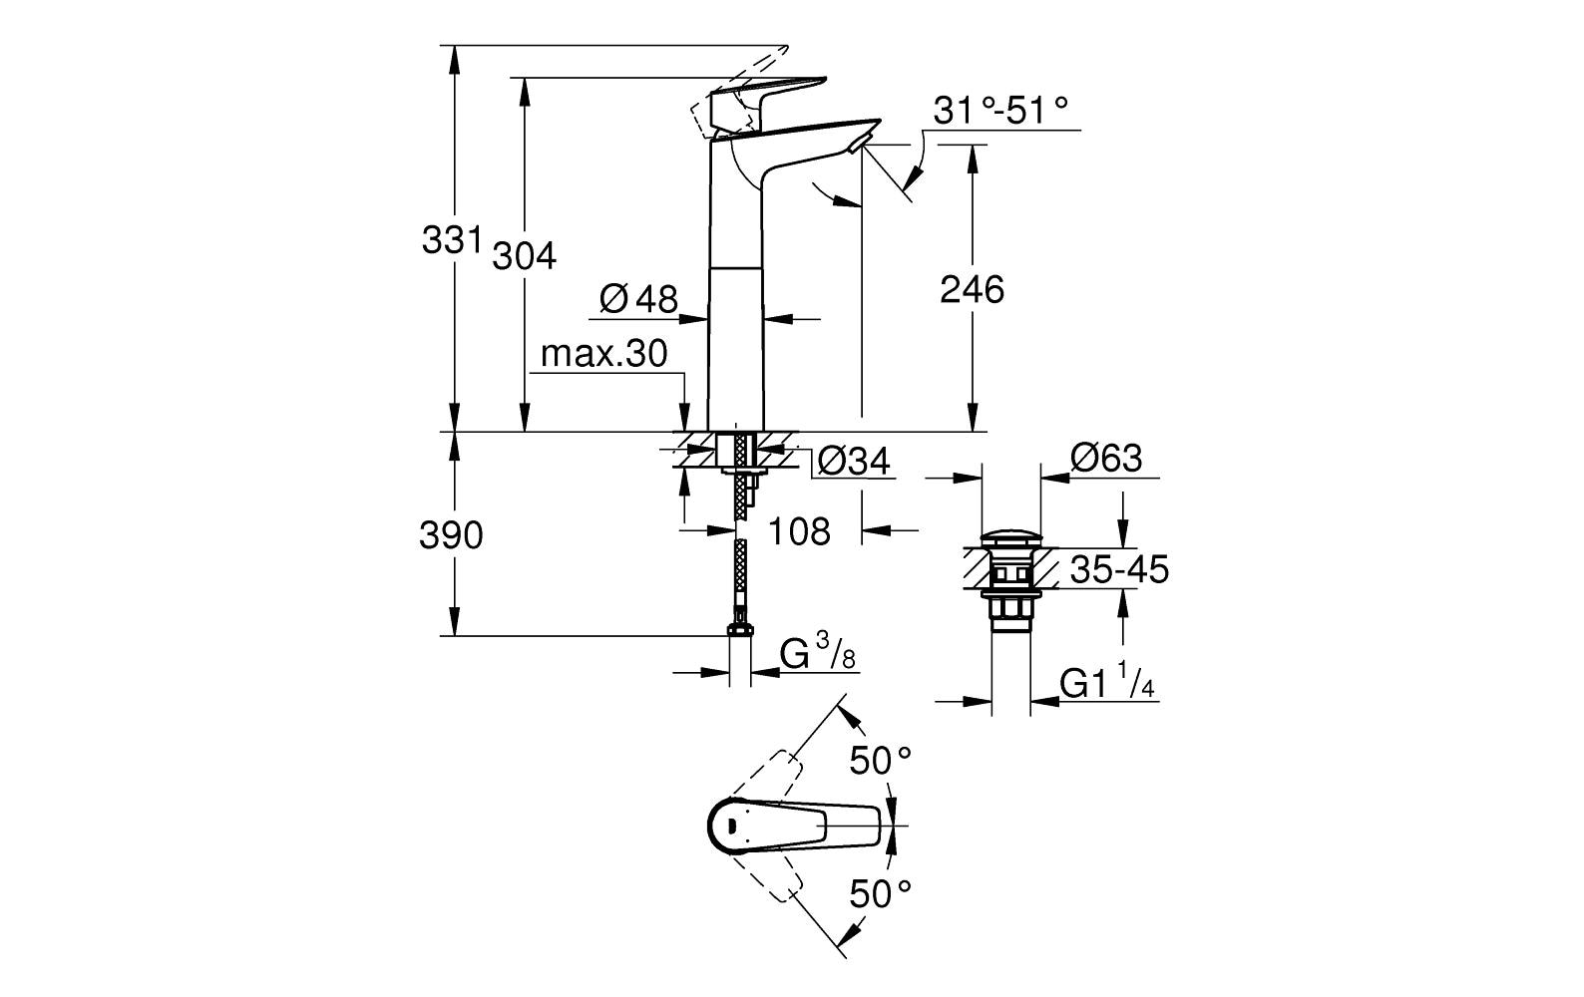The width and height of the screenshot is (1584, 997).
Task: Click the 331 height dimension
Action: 451,240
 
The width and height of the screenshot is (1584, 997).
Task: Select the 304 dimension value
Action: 524,256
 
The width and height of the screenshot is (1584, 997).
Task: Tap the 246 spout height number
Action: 972,290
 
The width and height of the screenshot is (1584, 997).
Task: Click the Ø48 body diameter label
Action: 638,298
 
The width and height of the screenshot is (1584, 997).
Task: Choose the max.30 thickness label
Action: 602,355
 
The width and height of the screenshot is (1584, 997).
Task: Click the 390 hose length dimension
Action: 450,536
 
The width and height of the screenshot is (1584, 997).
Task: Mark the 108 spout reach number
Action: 799,531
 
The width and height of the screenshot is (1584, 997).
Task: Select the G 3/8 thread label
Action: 817,654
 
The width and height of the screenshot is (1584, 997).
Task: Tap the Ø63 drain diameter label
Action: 1105,459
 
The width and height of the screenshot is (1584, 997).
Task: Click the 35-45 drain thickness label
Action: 1118,571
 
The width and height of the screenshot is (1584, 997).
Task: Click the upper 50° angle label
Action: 880,762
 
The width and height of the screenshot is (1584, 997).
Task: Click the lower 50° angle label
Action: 880,892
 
